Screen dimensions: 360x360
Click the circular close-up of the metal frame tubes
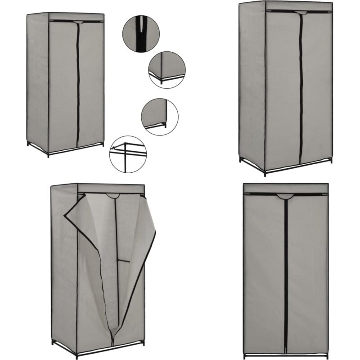click(128, 154)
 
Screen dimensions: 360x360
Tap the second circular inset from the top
click(167, 69)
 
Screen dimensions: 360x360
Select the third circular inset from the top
click(160, 117)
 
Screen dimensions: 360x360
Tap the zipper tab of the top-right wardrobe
click(301, 13)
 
